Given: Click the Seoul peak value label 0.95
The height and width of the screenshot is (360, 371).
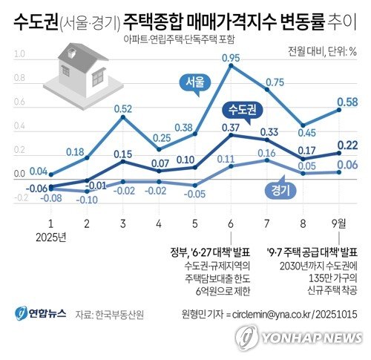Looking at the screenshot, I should click(x=230, y=57).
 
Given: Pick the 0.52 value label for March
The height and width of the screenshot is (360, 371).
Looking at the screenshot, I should click(x=123, y=109).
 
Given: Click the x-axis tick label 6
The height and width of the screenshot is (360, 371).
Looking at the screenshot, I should click(x=231, y=223).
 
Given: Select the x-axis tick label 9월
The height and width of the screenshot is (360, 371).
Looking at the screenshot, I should click(x=340, y=223).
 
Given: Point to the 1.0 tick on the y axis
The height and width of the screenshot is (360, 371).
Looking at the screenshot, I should click(x=19, y=54).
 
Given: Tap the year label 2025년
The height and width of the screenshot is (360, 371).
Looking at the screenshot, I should click(x=50, y=238).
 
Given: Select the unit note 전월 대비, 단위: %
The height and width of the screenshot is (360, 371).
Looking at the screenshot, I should click(x=322, y=52).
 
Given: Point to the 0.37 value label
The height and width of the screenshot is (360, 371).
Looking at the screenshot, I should click(x=229, y=128).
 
